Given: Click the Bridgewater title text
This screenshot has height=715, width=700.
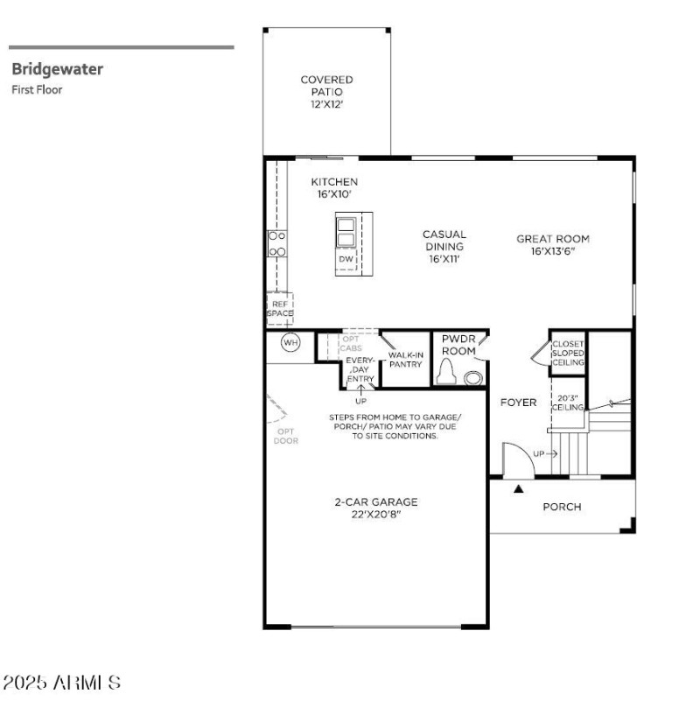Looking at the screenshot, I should (x=57, y=69).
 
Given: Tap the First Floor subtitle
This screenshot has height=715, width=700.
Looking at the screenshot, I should (x=37, y=88).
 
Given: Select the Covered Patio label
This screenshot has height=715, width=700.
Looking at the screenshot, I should (x=326, y=91).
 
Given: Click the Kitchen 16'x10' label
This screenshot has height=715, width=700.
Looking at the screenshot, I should (x=334, y=188).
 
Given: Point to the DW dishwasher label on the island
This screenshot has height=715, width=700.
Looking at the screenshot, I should (x=346, y=260).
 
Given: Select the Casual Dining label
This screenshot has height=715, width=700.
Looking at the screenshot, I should (x=444, y=247).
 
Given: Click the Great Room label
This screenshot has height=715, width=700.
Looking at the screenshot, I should (x=552, y=244).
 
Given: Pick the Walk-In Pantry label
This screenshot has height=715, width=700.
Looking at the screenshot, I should (x=406, y=359).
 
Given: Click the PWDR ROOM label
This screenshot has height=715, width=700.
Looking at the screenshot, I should (x=458, y=344).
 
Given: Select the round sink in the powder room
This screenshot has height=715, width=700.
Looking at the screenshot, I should (x=473, y=378).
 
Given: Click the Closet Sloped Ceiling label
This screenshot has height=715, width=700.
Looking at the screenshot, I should (x=568, y=353).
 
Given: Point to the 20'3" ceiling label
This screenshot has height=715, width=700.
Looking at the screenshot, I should (x=567, y=403).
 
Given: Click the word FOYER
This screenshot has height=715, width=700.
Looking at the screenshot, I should (x=518, y=403).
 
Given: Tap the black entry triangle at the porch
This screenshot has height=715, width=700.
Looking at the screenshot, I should (x=519, y=489).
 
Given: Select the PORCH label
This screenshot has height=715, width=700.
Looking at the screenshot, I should (x=562, y=507).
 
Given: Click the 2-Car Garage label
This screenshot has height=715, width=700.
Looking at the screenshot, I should (x=375, y=508).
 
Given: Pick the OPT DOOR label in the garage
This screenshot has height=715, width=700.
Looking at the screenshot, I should (x=285, y=436).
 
